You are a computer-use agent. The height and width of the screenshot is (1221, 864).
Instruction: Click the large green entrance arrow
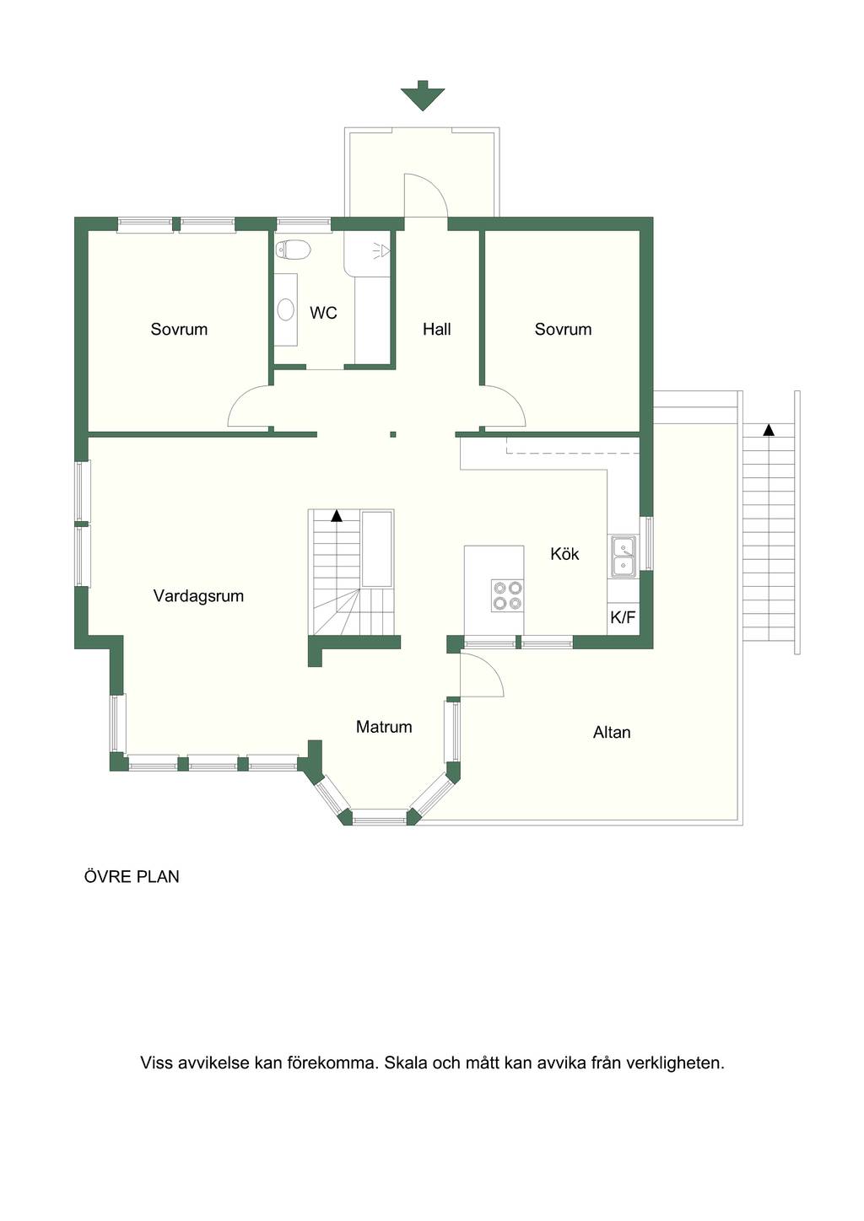pos(423,96)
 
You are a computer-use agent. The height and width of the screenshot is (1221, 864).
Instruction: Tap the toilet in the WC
pos(293,250)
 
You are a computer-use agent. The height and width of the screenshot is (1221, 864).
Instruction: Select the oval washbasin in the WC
pos(286,309)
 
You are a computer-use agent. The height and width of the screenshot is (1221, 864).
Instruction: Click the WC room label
pos(323,313)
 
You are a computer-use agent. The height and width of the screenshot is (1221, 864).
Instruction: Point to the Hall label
pos(437,329)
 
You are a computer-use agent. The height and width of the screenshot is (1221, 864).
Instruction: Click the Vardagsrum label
pos(198,596)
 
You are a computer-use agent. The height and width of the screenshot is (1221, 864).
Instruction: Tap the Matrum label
pos(384,727)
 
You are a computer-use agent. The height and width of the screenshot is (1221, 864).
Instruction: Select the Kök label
pos(564,554)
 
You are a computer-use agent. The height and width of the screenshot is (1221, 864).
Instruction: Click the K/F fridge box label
pos(623,617)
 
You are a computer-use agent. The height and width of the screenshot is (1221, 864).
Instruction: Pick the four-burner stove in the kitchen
pos(507,595)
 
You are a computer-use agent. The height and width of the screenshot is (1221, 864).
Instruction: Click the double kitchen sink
pos(623,557)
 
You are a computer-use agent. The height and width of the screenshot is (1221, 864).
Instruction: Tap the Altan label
pos(612,732)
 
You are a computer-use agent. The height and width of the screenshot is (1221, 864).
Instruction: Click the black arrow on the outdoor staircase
pos(769,429)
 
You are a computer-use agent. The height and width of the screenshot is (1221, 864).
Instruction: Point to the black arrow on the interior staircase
pos(337,516)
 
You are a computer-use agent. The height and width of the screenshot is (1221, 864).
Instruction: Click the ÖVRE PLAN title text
pos(132,876)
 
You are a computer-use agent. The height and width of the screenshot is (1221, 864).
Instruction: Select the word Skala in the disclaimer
pos(406,1063)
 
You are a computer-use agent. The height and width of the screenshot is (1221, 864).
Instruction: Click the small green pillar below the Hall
pos(392,434)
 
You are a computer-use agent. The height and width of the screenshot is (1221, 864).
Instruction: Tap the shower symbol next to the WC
pos(382,250)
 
